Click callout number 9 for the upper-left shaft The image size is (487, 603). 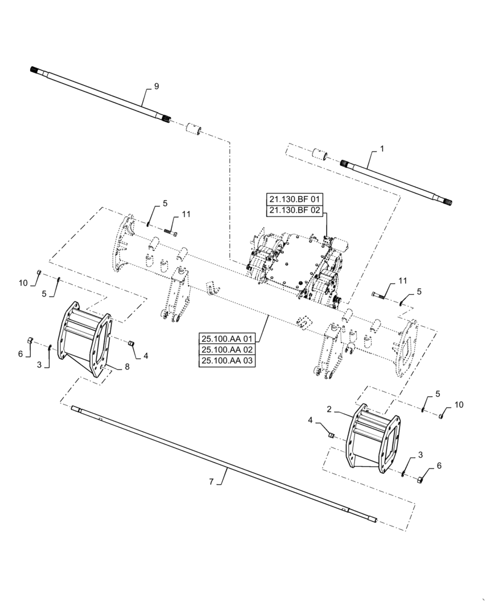[156, 87]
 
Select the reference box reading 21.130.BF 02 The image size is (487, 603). [294, 210]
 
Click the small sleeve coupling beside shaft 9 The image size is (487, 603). [192, 129]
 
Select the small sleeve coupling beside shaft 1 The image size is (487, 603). [318, 153]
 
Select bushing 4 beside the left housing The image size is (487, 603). [130, 343]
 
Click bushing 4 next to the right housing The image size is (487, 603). [330, 433]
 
